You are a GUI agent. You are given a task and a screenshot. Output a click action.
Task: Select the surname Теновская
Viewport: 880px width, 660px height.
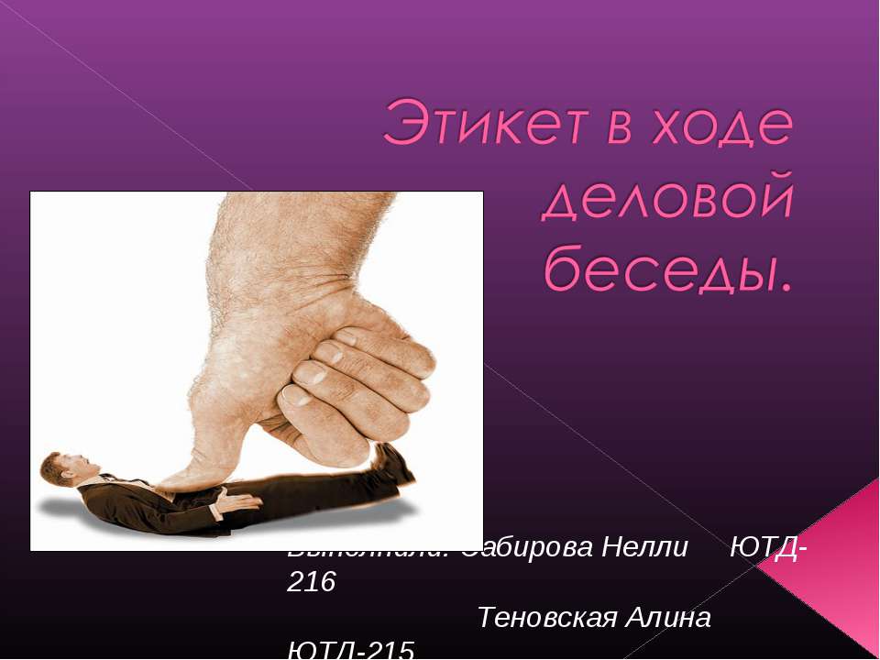[x=544, y=617]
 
